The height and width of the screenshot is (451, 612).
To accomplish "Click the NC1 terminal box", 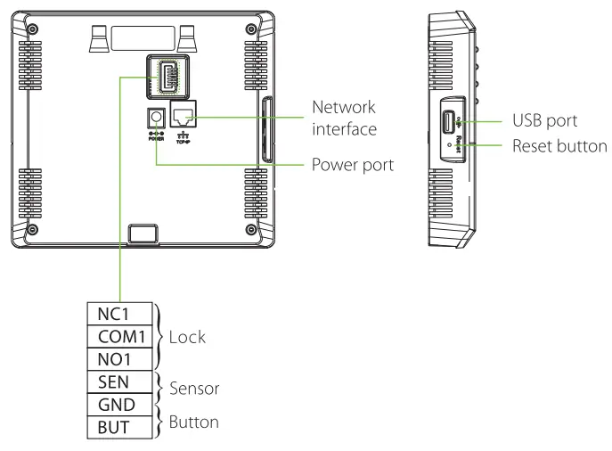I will tap(118, 314).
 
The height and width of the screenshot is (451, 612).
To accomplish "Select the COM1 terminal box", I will tap(118, 336).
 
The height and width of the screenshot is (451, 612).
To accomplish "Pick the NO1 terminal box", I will tap(118, 358).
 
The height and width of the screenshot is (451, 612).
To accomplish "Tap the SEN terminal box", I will tap(118, 381).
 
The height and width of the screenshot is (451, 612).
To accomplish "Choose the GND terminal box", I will tap(118, 404).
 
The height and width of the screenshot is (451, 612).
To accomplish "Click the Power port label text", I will tap(352, 165).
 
